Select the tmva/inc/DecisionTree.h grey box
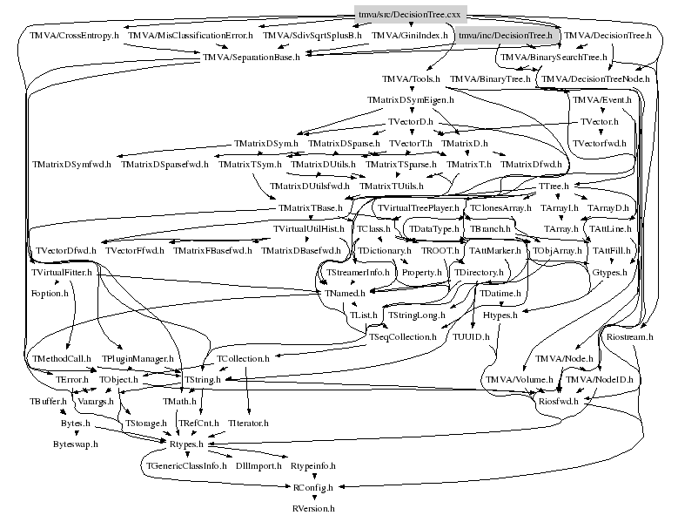coord(505,36)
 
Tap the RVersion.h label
coord(312,507)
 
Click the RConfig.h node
coord(312,487)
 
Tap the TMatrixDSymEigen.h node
coord(405,100)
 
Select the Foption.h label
coord(49,294)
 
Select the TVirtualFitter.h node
coord(62,273)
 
